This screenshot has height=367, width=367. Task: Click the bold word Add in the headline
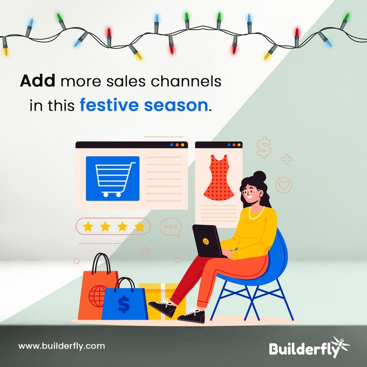click(x=37, y=81)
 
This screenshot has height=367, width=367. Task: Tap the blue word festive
click(x=110, y=105)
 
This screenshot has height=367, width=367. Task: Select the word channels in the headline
click(x=186, y=81)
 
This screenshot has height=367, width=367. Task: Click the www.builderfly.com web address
click(x=62, y=346)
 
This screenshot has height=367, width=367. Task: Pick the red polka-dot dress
click(x=219, y=178)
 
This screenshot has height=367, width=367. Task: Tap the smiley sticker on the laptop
click(x=206, y=241)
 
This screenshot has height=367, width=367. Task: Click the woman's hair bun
click(x=260, y=176)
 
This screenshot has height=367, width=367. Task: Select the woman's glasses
click(x=249, y=192)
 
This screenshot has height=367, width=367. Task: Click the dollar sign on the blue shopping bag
click(x=124, y=304)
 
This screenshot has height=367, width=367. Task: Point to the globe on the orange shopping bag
click(x=97, y=296)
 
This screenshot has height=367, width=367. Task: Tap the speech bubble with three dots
click(x=171, y=227)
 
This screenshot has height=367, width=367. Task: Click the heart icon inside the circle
click(x=284, y=186)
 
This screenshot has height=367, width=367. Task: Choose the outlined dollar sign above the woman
click(x=264, y=147)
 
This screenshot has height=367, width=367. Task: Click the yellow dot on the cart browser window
click(x=182, y=145)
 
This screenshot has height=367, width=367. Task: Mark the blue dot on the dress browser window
click(x=229, y=145)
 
